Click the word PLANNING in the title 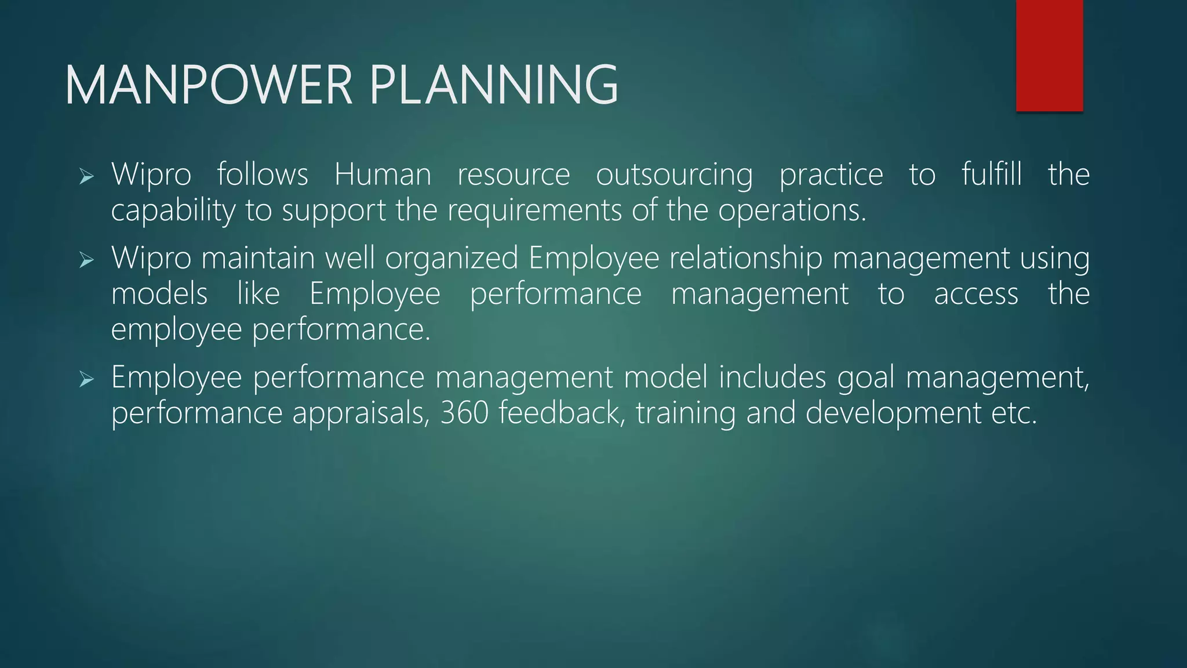[x=494, y=85]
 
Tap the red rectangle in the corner [x=1049, y=55]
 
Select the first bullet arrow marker [x=86, y=176]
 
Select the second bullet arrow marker [x=86, y=260]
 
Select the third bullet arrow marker [x=86, y=380]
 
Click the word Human [x=383, y=175]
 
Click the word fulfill [x=991, y=175]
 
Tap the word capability [x=173, y=211]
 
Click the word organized [x=452, y=259]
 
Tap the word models [x=159, y=294]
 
